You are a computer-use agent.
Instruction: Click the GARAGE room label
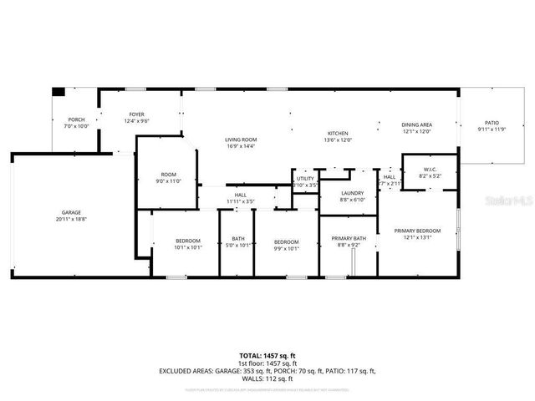coord(70,212)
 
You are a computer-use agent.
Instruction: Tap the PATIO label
coord(492,123)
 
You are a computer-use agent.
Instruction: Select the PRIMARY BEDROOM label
coord(417,233)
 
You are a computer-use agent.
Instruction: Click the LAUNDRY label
coord(353,194)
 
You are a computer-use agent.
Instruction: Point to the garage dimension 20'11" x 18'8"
coord(70,219)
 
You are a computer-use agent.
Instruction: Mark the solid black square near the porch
coord(58,92)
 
